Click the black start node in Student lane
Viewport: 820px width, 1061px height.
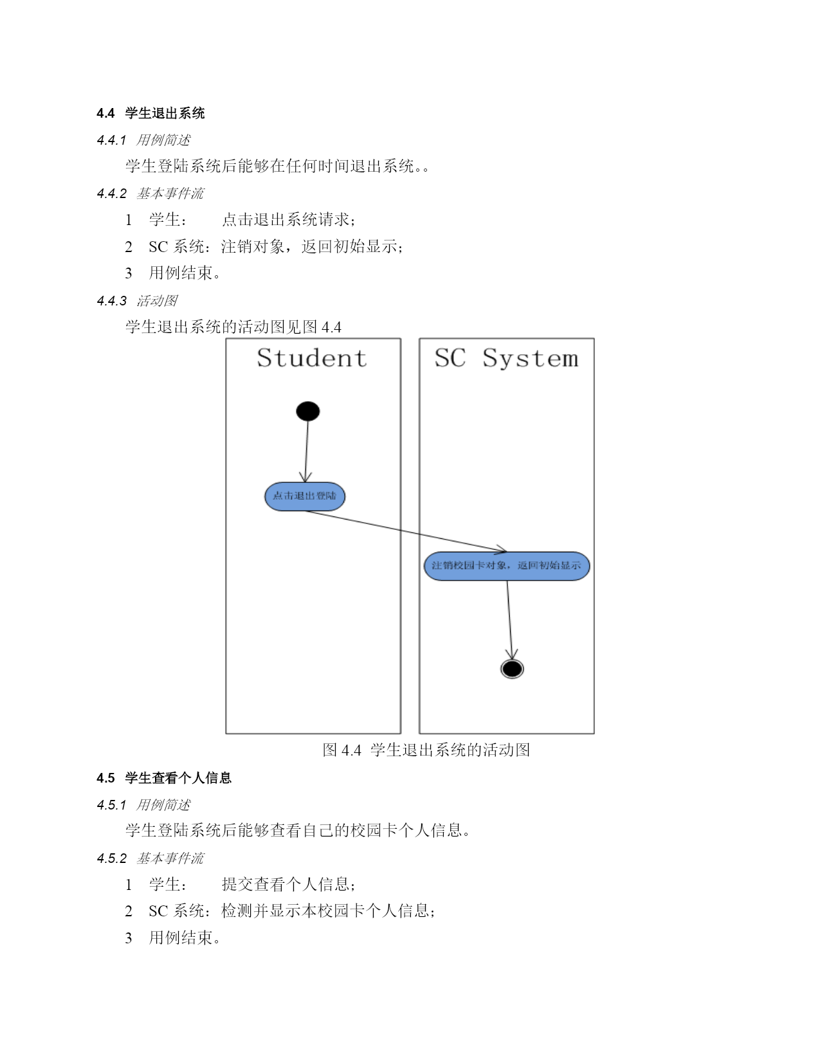[x=307, y=411]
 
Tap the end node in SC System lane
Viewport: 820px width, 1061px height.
[x=512, y=669]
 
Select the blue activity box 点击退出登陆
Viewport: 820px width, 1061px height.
[x=305, y=496]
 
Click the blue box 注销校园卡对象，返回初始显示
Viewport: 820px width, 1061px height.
[x=506, y=566]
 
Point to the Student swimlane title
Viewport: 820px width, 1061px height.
[x=311, y=358]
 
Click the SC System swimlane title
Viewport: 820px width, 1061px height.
[x=506, y=358]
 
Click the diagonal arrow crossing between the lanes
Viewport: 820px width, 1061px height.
[x=406, y=531]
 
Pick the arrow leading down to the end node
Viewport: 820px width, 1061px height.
[x=509, y=620]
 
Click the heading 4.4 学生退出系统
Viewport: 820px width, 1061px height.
[x=150, y=113]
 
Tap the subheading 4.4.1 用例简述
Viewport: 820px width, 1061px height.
[x=143, y=140]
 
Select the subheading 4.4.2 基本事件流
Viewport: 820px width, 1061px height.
[x=150, y=194]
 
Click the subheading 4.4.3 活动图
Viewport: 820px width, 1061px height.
[x=137, y=300]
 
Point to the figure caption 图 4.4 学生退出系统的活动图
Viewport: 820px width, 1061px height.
[x=426, y=750]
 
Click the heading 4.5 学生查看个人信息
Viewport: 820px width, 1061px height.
[x=163, y=777]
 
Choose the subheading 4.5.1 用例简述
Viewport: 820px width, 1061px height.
[x=143, y=804]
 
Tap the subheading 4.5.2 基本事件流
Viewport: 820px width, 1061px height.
[x=150, y=858]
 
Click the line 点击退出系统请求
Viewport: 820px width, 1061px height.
[x=289, y=220]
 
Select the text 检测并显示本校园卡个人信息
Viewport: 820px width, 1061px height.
[x=328, y=911]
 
